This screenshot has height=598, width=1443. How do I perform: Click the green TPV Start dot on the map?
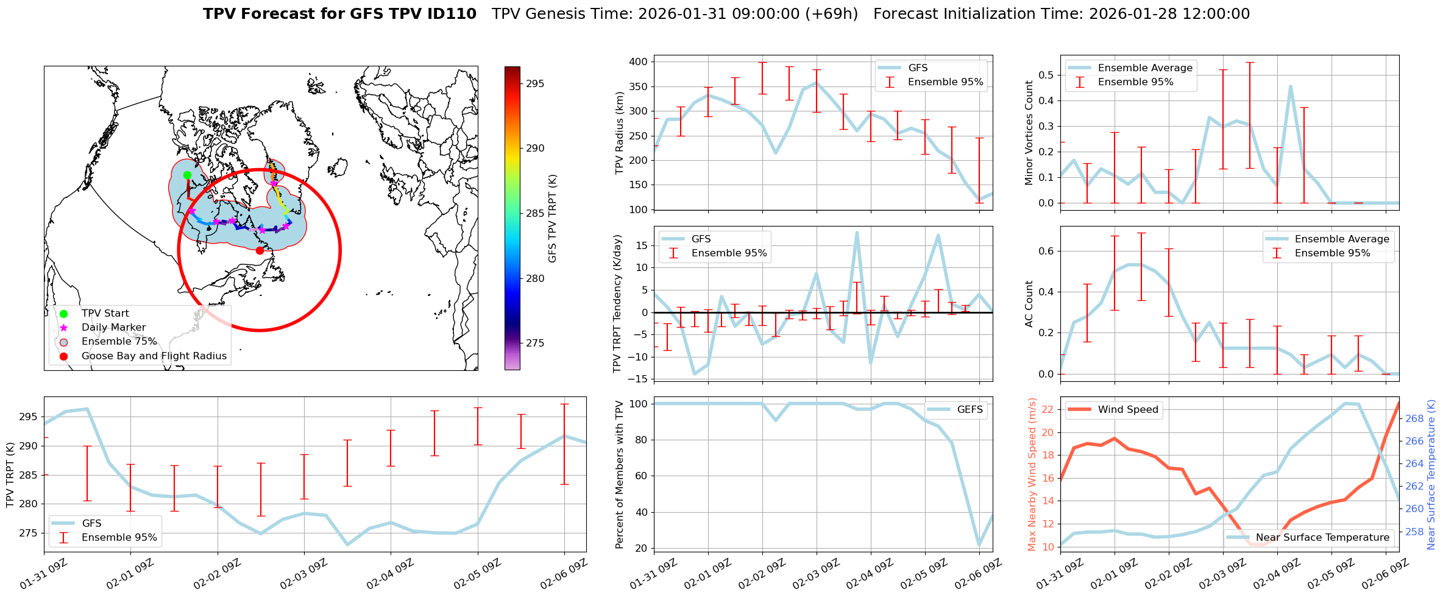coord(187,175)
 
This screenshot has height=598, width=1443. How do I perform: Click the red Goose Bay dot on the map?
coord(260,250)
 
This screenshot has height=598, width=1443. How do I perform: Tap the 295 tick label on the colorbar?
coord(535,83)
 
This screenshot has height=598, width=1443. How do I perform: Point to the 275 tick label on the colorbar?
coord(535,343)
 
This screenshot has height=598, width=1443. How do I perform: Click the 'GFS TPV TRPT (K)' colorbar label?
coord(553,219)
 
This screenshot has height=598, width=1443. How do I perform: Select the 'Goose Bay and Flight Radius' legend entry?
coord(154,356)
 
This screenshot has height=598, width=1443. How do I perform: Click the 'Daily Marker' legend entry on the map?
coord(113,328)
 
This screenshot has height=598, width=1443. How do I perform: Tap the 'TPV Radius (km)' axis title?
coord(620,133)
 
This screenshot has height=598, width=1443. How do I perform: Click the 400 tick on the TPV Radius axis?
coord(639,62)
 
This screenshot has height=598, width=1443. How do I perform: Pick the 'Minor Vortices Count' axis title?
coord(1029,133)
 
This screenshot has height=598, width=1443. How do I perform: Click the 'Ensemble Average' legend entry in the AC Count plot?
coord(1342,239)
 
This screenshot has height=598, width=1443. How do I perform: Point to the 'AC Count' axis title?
coord(1029,304)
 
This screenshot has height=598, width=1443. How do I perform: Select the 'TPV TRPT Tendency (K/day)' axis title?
coord(617,304)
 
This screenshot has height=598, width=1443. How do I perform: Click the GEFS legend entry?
coord(970,409)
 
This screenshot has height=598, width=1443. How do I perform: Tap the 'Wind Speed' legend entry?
coord(1127,409)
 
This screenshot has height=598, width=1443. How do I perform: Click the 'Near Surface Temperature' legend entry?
coord(1322,537)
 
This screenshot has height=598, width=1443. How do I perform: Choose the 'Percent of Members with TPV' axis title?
coord(620,474)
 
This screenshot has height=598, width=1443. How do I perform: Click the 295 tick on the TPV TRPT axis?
coord(29,417)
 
